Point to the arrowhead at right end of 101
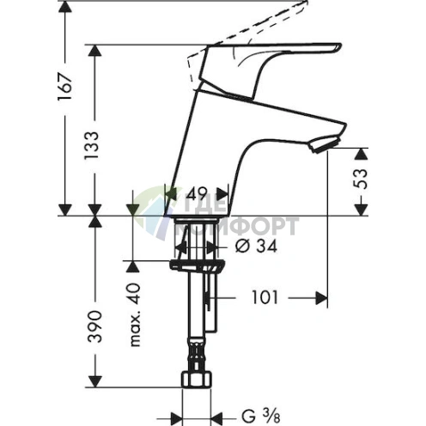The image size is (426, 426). coord(323,298)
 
